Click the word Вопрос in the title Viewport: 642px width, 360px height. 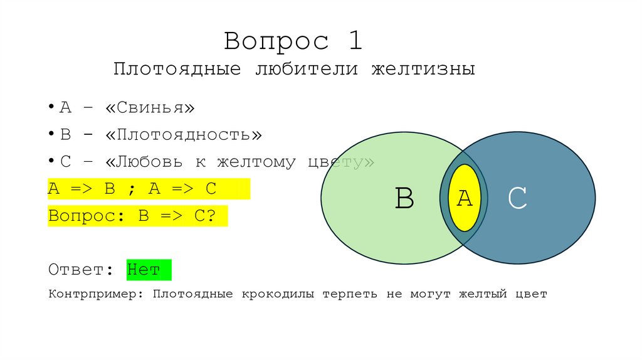(x=276, y=41)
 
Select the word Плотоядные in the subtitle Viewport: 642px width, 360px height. (x=177, y=69)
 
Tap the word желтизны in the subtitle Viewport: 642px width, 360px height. (x=423, y=69)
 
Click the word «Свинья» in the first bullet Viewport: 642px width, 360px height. (x=150, y=108)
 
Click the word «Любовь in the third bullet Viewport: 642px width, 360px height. (x=144, y=162)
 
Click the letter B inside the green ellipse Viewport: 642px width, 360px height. (x=404, y=199)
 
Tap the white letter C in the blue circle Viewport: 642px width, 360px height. (x=517, y=199)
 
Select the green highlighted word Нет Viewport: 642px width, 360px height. (x=144, y=270)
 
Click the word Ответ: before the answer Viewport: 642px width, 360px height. (x=80, y=270)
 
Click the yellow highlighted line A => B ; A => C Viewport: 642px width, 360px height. (x=132, y=189)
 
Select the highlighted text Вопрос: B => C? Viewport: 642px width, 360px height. (x=132, y=216)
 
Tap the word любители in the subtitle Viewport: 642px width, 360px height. (x=306, y=69)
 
